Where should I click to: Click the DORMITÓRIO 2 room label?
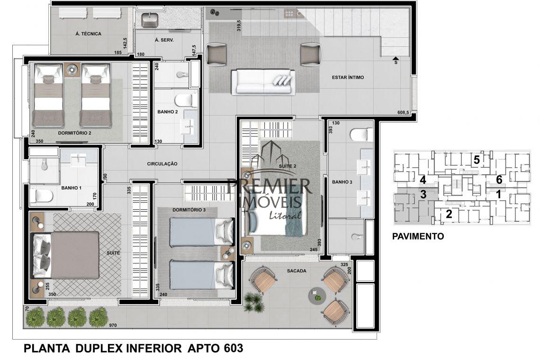click(x=74, y=133)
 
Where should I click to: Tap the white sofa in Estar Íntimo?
click(x=263, y=82)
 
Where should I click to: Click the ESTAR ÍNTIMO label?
click(x=348, y=78)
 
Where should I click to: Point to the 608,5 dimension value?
click(x=403, y=112)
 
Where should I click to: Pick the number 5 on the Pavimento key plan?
click(x=477, y=160)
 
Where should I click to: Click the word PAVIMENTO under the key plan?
click(x=418, y=236)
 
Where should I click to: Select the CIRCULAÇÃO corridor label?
click(x=162, y=164)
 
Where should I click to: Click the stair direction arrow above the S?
click(x=396, y=58)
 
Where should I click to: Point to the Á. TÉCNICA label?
click(x=89, y=34)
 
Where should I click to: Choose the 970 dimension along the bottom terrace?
click(x=113, y=325)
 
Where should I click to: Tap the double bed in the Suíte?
click(x=65, y=255)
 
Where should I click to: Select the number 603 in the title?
click(x=233, y=348)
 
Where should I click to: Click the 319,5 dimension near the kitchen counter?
click(x=239, y=26)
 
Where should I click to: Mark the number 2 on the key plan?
click(x=449, y=214)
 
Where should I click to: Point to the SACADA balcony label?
click(x=297, y=271)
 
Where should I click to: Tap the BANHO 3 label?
click(x=342, y=182)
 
